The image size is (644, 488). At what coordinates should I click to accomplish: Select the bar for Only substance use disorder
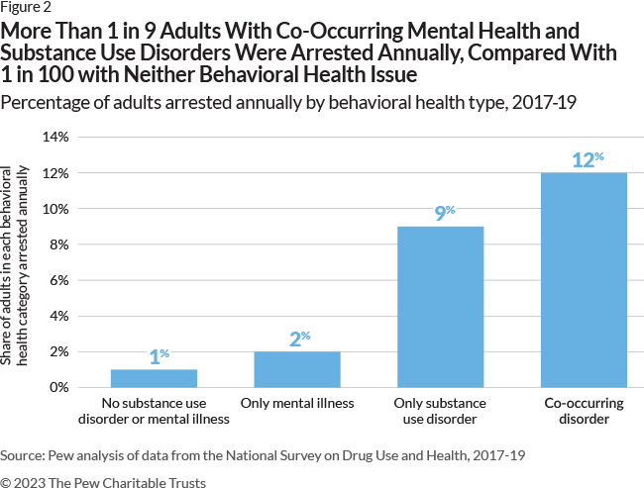[x=440, y=307]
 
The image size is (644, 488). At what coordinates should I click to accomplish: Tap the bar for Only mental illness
[x=296, y=369]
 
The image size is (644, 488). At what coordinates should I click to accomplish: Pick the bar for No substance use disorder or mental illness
[x=153, y=378]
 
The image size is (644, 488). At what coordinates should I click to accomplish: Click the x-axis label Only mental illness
[x=296, y=403]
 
